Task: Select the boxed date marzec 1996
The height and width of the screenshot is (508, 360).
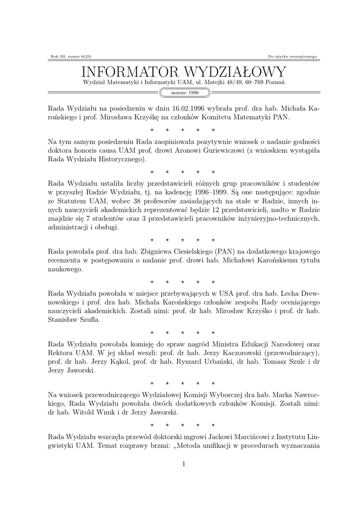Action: pyautogui.click(x=184, y=93)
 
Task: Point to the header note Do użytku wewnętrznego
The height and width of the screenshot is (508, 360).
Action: pyautogui.click(x=292, y=57)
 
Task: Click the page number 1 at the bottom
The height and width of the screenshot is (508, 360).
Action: pyautogui.click(x=184, y=464)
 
